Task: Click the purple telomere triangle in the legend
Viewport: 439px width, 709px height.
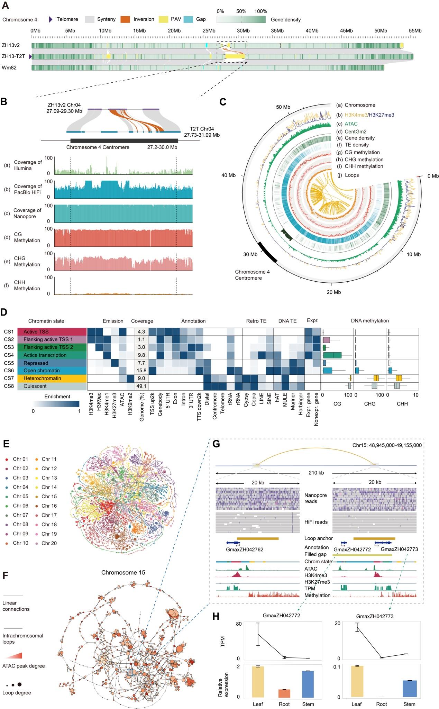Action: pos(51,20)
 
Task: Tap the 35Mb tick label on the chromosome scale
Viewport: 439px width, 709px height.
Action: pos(277,31)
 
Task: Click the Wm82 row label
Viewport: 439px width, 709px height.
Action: pos(9,68)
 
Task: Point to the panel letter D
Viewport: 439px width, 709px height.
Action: pos(4,312)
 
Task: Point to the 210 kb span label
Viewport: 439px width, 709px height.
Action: pos(316,473)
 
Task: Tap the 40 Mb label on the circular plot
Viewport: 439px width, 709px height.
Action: pos(228,175)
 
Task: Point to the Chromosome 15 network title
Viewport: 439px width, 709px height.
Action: pos(123,573)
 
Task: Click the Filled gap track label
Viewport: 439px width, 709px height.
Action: pos(315,554)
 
